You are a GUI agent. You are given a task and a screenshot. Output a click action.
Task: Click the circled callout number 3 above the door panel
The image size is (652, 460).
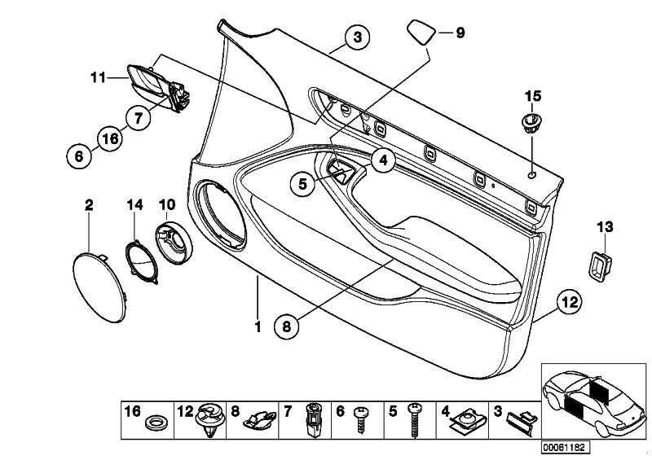[x=355, y=36]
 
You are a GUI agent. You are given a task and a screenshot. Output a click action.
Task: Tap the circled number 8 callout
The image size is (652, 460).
[x=285, y=327]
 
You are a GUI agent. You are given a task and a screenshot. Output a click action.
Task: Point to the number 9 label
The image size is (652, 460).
[x=459, y=33]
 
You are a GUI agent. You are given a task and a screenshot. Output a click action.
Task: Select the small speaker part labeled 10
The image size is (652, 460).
[x=173, y=243]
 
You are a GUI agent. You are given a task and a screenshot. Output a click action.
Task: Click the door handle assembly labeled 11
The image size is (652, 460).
[x=155, y=86]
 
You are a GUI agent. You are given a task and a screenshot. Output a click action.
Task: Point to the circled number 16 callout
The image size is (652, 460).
[x=110, y=139]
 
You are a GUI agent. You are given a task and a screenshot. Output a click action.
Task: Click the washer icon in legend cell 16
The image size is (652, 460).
[x=152, y=424]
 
